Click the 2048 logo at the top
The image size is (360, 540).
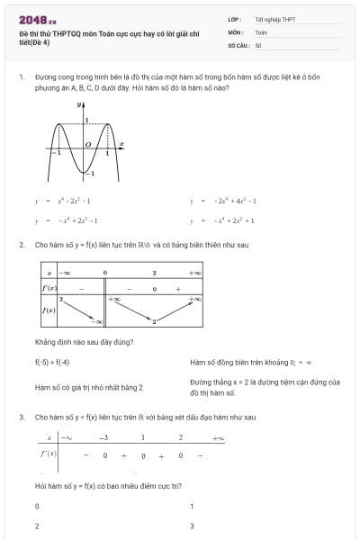coord(36,18)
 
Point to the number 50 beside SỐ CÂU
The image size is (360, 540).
coord(258,44)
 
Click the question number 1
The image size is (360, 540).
coord(21,77)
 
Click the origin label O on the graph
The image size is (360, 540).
coord(87,144)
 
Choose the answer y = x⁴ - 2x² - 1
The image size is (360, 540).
coord(63,201)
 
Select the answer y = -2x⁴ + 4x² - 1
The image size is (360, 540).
coord(224,201)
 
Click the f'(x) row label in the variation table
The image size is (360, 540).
coord(49,288)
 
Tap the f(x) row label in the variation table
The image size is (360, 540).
coord(49,310)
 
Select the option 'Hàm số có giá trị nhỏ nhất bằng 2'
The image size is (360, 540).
coord(89,387)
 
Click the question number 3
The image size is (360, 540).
coord(21,418)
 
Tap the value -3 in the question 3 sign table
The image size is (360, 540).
coord(103,437)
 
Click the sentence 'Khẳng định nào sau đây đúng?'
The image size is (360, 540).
coord(83,342)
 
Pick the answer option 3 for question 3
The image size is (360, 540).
coord(193,526)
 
